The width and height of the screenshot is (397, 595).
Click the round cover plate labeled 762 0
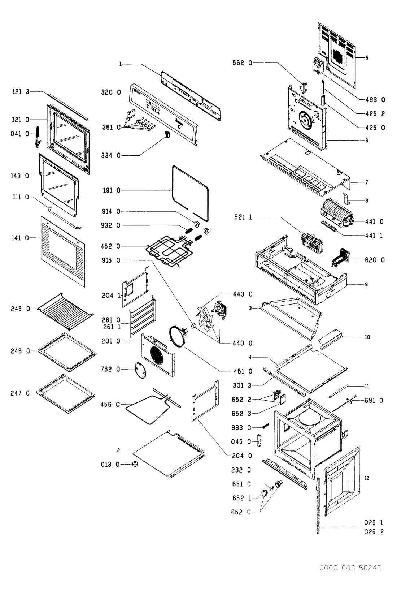[140, 370]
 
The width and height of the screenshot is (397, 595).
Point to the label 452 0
[111, 246]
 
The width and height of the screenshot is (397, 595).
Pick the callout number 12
[367, 478]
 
